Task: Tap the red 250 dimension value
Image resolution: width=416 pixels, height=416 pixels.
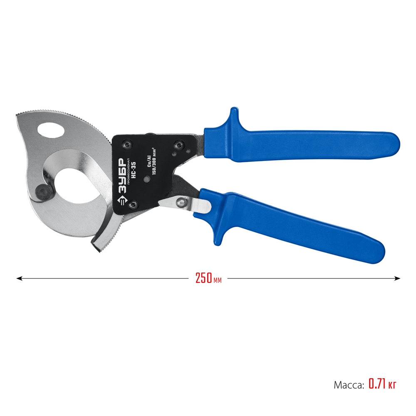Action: click(x=203, y=278)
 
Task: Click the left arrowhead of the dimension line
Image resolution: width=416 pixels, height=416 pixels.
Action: click(x=19, y=278)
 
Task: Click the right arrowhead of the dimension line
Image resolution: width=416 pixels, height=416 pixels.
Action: click(x=397, y=278)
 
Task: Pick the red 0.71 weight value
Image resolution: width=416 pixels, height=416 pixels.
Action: click(x=377, y=384)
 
